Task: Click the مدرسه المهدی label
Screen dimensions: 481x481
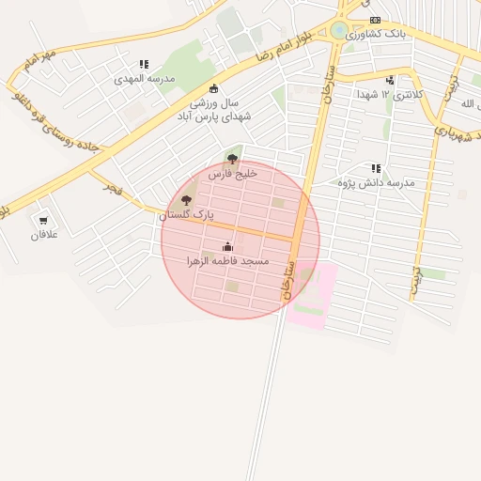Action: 145,79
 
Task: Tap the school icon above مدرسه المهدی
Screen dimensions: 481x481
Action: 144,65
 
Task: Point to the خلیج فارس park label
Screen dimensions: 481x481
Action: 232,174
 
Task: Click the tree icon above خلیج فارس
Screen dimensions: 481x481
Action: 232,159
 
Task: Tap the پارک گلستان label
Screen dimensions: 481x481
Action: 186,215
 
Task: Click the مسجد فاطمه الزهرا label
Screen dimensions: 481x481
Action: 228,260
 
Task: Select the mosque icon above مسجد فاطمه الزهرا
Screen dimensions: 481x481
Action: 227,247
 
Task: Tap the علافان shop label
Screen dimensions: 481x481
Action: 44,234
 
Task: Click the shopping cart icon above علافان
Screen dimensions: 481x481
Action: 43,221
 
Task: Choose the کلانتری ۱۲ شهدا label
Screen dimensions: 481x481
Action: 390,95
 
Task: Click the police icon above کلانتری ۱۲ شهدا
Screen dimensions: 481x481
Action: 390,81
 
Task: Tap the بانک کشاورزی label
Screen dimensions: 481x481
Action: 376,34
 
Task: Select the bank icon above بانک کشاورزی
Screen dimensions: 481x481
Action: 375,20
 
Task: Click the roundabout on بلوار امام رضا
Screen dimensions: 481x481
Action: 339,30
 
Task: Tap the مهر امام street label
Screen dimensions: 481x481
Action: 43,62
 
